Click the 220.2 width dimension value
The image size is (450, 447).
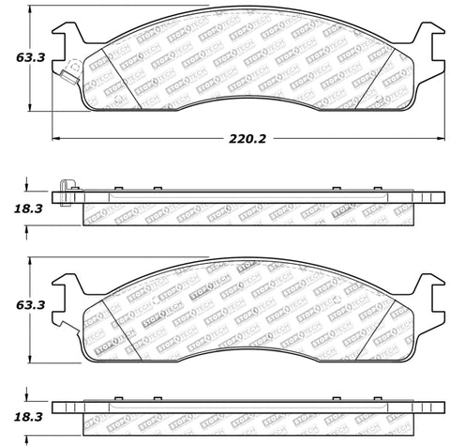(x=240, y=138)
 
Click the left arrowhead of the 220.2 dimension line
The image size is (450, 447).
(x=55, y=138)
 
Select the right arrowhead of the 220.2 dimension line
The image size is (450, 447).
(x=441, y=138)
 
